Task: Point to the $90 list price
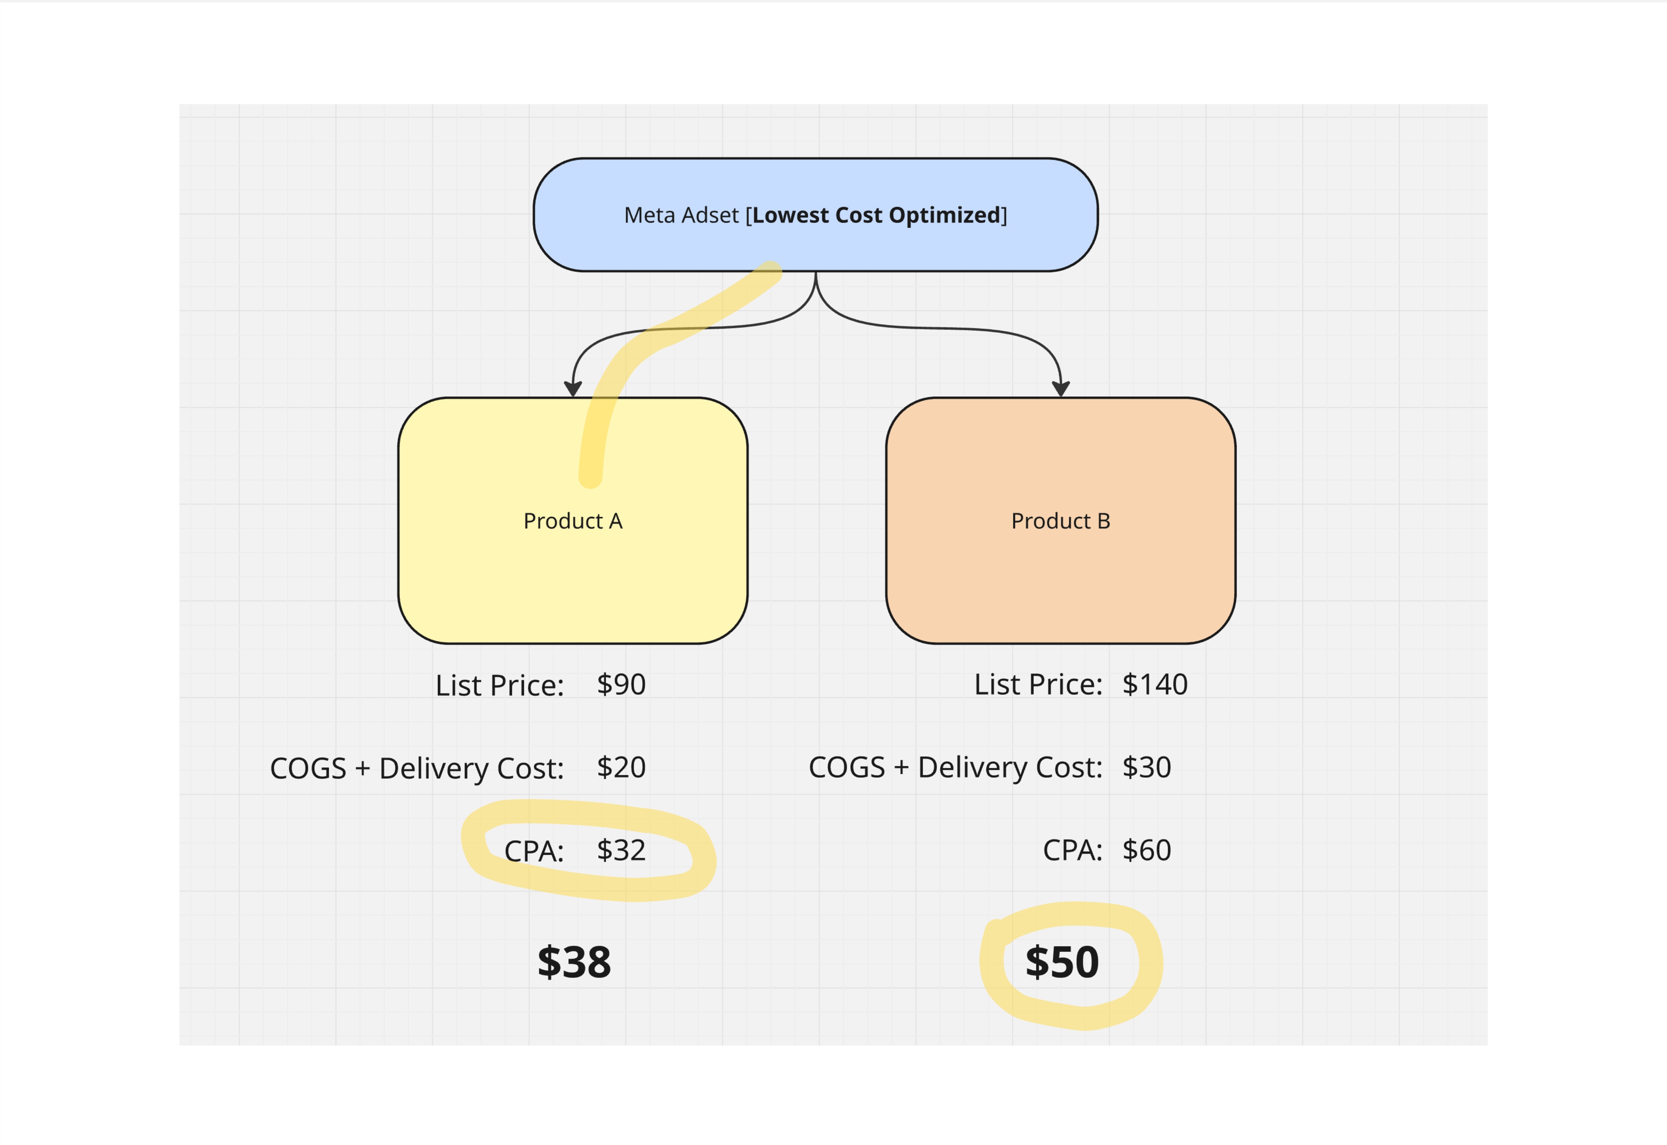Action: [x=621, y=684]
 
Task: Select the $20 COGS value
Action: [x=621, y=768]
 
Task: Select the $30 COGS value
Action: [x=1146, y=768]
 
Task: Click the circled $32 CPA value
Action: [x=621, y=851]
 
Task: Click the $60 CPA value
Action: [x=1146, y=851]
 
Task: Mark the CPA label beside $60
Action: [x=1072, y=851]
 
